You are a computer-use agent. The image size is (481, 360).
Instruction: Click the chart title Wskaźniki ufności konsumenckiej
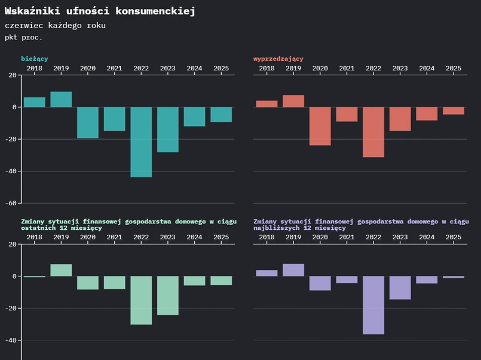click(100, 11)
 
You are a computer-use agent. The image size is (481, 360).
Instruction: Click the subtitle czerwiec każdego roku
click(55, 26)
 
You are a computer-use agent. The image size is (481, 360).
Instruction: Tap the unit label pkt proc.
click(23, 37)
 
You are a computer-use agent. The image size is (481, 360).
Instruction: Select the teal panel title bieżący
click(35, 59)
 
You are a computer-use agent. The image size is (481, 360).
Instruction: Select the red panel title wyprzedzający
click(278, 59)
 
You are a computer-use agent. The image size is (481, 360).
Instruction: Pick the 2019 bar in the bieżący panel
click(61, 100)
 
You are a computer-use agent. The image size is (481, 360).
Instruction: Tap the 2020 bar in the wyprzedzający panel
click(320, 126)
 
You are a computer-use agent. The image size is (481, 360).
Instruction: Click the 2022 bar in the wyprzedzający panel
click(373, 132)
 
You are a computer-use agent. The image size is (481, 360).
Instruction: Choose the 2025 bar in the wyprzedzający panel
click(453, 110)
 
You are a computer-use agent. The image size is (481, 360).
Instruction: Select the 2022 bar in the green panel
click(141, 300)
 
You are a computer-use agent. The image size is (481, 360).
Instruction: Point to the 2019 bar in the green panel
click(61, 270)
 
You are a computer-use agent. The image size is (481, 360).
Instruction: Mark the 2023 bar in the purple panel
click(400, 287)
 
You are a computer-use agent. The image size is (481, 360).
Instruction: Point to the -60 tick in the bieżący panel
click(11, 203)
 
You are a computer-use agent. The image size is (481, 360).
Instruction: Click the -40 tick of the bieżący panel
click(11, 171)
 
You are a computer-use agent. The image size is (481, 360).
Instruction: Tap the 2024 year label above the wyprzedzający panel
click(427, 69)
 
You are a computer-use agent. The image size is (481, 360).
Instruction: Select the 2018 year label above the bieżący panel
click(35, 69)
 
